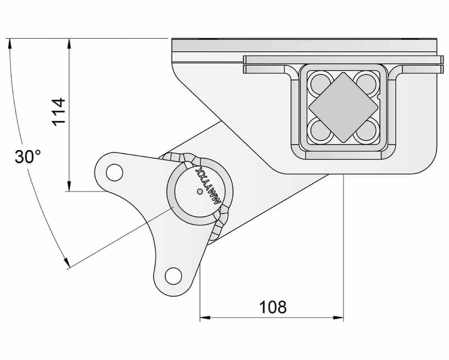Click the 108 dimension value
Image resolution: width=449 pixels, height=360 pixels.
click(273, 307)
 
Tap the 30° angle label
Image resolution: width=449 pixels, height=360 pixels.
click(27, 157)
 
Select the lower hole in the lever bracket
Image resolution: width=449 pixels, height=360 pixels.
click(173, 275)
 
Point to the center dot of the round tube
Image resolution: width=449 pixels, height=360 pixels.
click(200, 192)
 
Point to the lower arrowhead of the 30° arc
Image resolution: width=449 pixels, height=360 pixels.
click(66, 262)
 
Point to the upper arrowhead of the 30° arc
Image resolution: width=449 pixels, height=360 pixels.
click(9, 43)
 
